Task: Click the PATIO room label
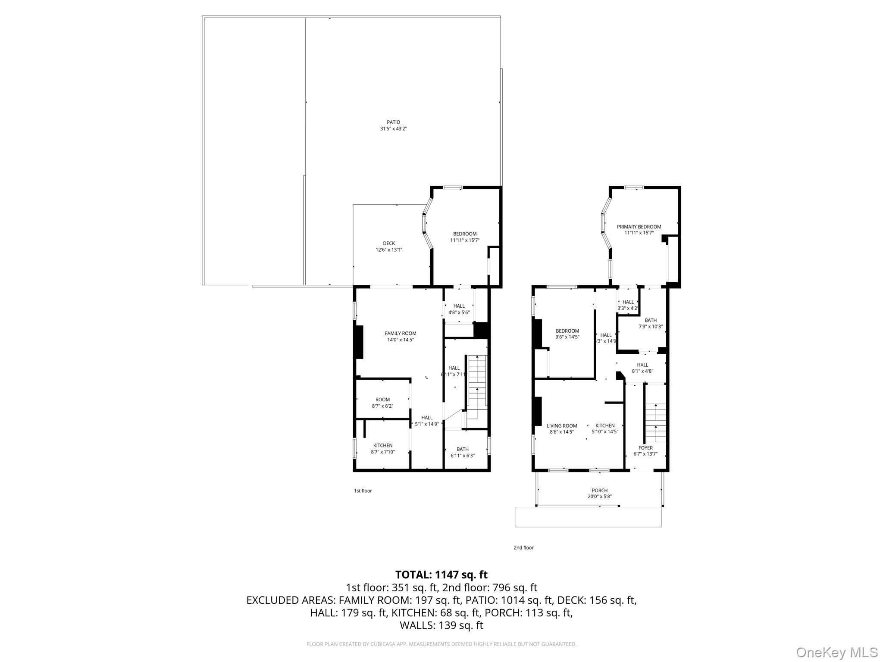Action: click(393, 122)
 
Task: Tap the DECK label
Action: click(389, 244)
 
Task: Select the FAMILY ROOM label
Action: click(401, 333)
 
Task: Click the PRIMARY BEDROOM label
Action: click(639, 227)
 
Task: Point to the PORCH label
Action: click(599, 490)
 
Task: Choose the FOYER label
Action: click(645, 448)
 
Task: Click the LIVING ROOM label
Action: click(562, 426)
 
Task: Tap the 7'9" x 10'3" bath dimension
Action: click(650, 327)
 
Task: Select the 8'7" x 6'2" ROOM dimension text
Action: click(382, 406)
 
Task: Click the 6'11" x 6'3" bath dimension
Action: click(462, 456)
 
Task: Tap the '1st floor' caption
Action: click(363, 490)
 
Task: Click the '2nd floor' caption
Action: click(523, 548)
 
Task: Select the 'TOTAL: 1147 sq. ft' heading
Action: click(441, 575)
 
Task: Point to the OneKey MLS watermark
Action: click(836, 652)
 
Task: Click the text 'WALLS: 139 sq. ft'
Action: click(441, 625)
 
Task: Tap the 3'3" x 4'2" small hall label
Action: click(628, 308)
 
